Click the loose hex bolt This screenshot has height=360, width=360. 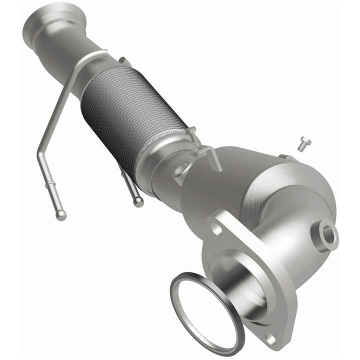coord(303,144)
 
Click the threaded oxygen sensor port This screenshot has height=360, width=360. coord(329,235)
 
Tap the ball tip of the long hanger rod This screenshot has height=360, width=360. coord(60,215)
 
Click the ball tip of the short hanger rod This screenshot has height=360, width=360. coord(138,202)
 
